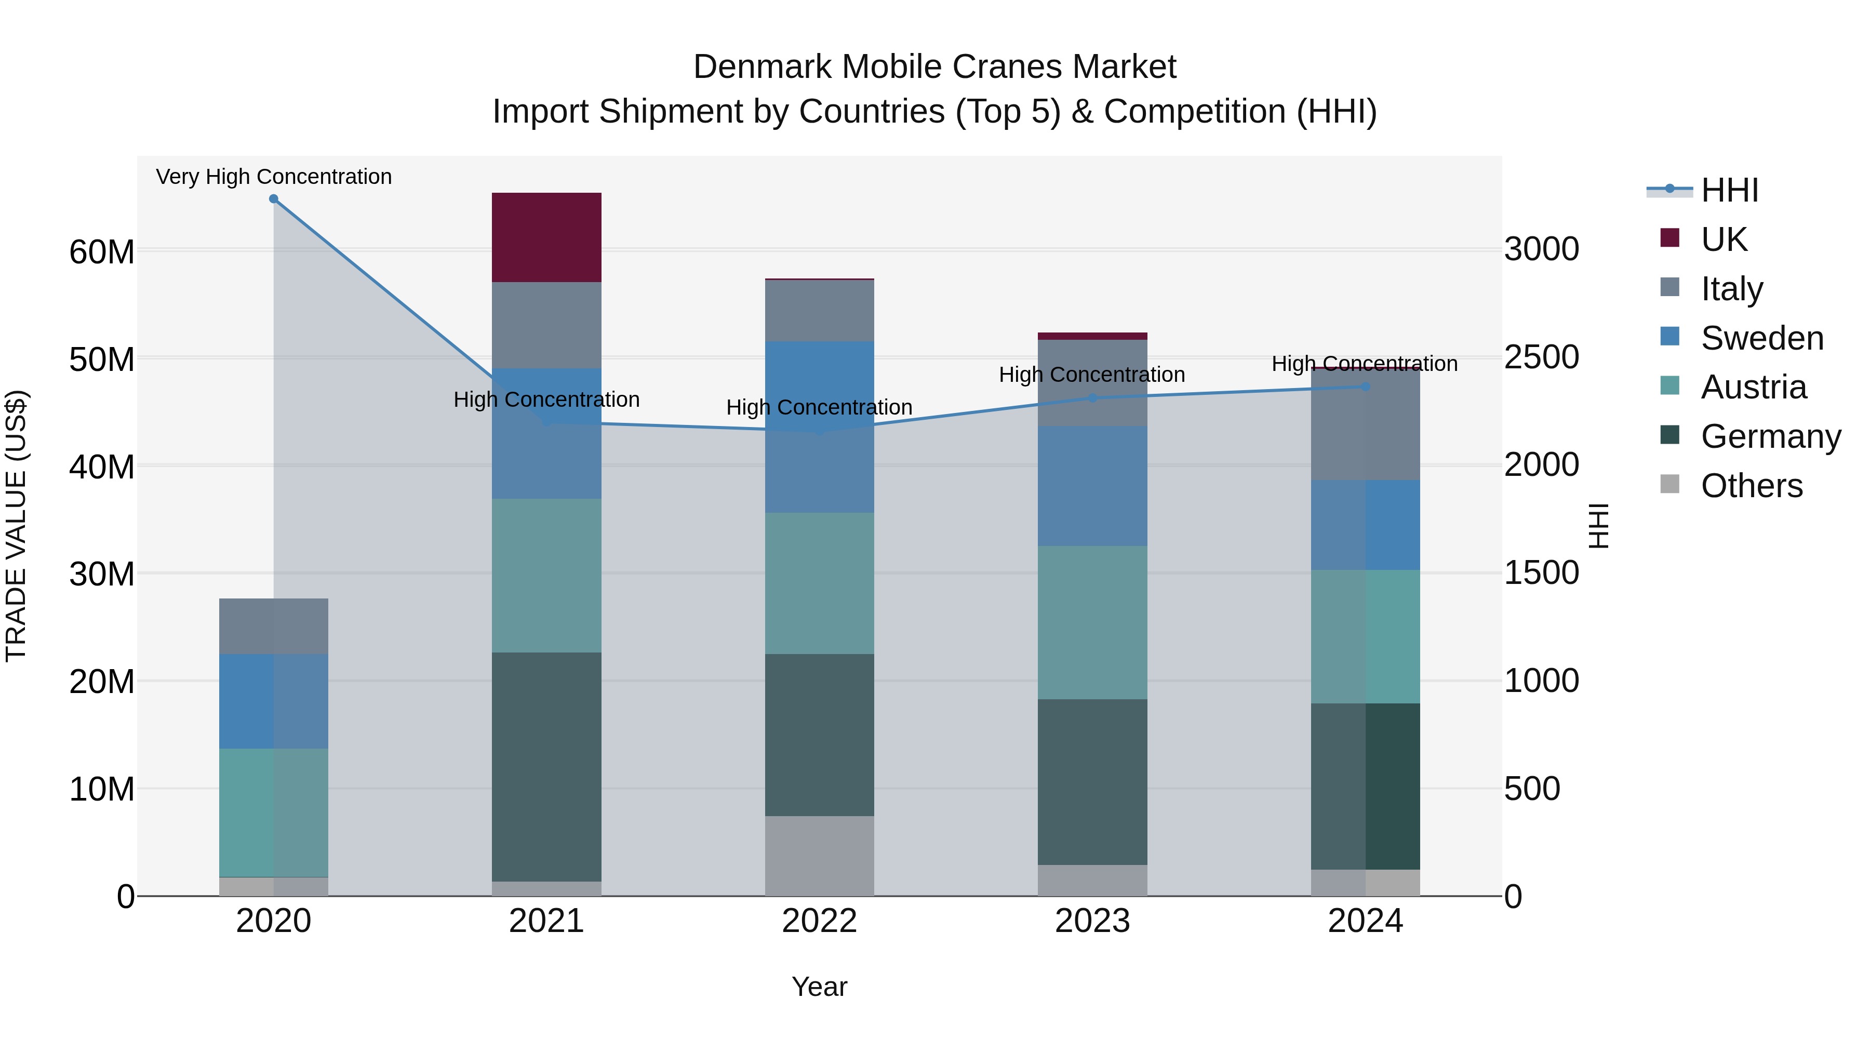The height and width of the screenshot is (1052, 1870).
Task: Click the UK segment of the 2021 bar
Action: tap(546, 237)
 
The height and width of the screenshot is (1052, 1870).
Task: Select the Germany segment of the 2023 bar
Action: tap(1092, 782)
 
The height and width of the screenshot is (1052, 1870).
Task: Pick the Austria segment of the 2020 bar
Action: tap(274, 813)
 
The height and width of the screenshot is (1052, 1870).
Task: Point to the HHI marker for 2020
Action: tap(274, 199)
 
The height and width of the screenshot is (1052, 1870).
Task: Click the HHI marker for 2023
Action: tap(1092, 398)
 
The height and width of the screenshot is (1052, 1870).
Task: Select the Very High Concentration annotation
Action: tap(274, 177)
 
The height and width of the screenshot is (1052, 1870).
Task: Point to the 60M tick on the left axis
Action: tap(102, 252)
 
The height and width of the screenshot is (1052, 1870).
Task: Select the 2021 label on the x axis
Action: tap(546, 921)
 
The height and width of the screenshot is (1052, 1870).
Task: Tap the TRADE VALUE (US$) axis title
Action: tap(17, 526)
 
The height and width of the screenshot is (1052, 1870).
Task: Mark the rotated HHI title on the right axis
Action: tap(1598, 526)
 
